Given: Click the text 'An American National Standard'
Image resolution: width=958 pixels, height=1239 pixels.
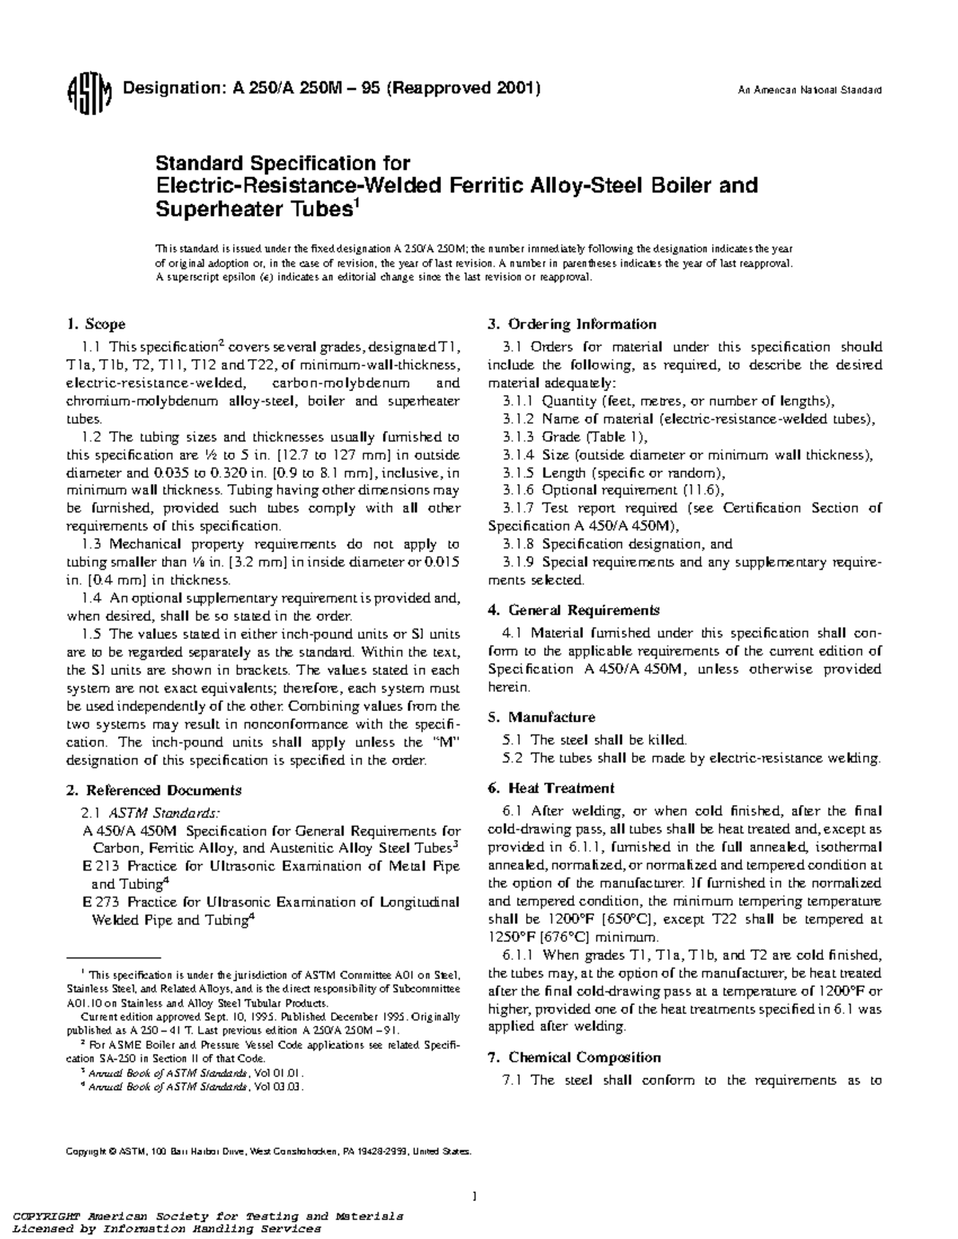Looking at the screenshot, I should point(808,90).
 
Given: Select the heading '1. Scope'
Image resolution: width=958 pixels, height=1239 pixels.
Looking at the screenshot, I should point(95,324).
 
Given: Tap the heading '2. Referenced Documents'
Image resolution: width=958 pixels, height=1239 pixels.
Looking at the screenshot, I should point(153,791).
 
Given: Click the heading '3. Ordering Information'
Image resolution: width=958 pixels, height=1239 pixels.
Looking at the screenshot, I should point(572,324).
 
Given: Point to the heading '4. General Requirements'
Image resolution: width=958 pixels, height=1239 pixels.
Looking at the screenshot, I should point(573,610).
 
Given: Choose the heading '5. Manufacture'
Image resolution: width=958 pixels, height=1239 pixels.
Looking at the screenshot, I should point(541,717).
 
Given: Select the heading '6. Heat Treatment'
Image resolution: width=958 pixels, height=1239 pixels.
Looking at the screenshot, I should point(551,788).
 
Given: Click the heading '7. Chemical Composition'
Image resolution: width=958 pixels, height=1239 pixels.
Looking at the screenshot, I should point(574,1058).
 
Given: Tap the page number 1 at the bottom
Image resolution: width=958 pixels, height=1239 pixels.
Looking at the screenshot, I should point(475,1196).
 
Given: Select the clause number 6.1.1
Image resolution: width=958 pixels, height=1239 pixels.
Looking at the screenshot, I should point(521,955).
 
